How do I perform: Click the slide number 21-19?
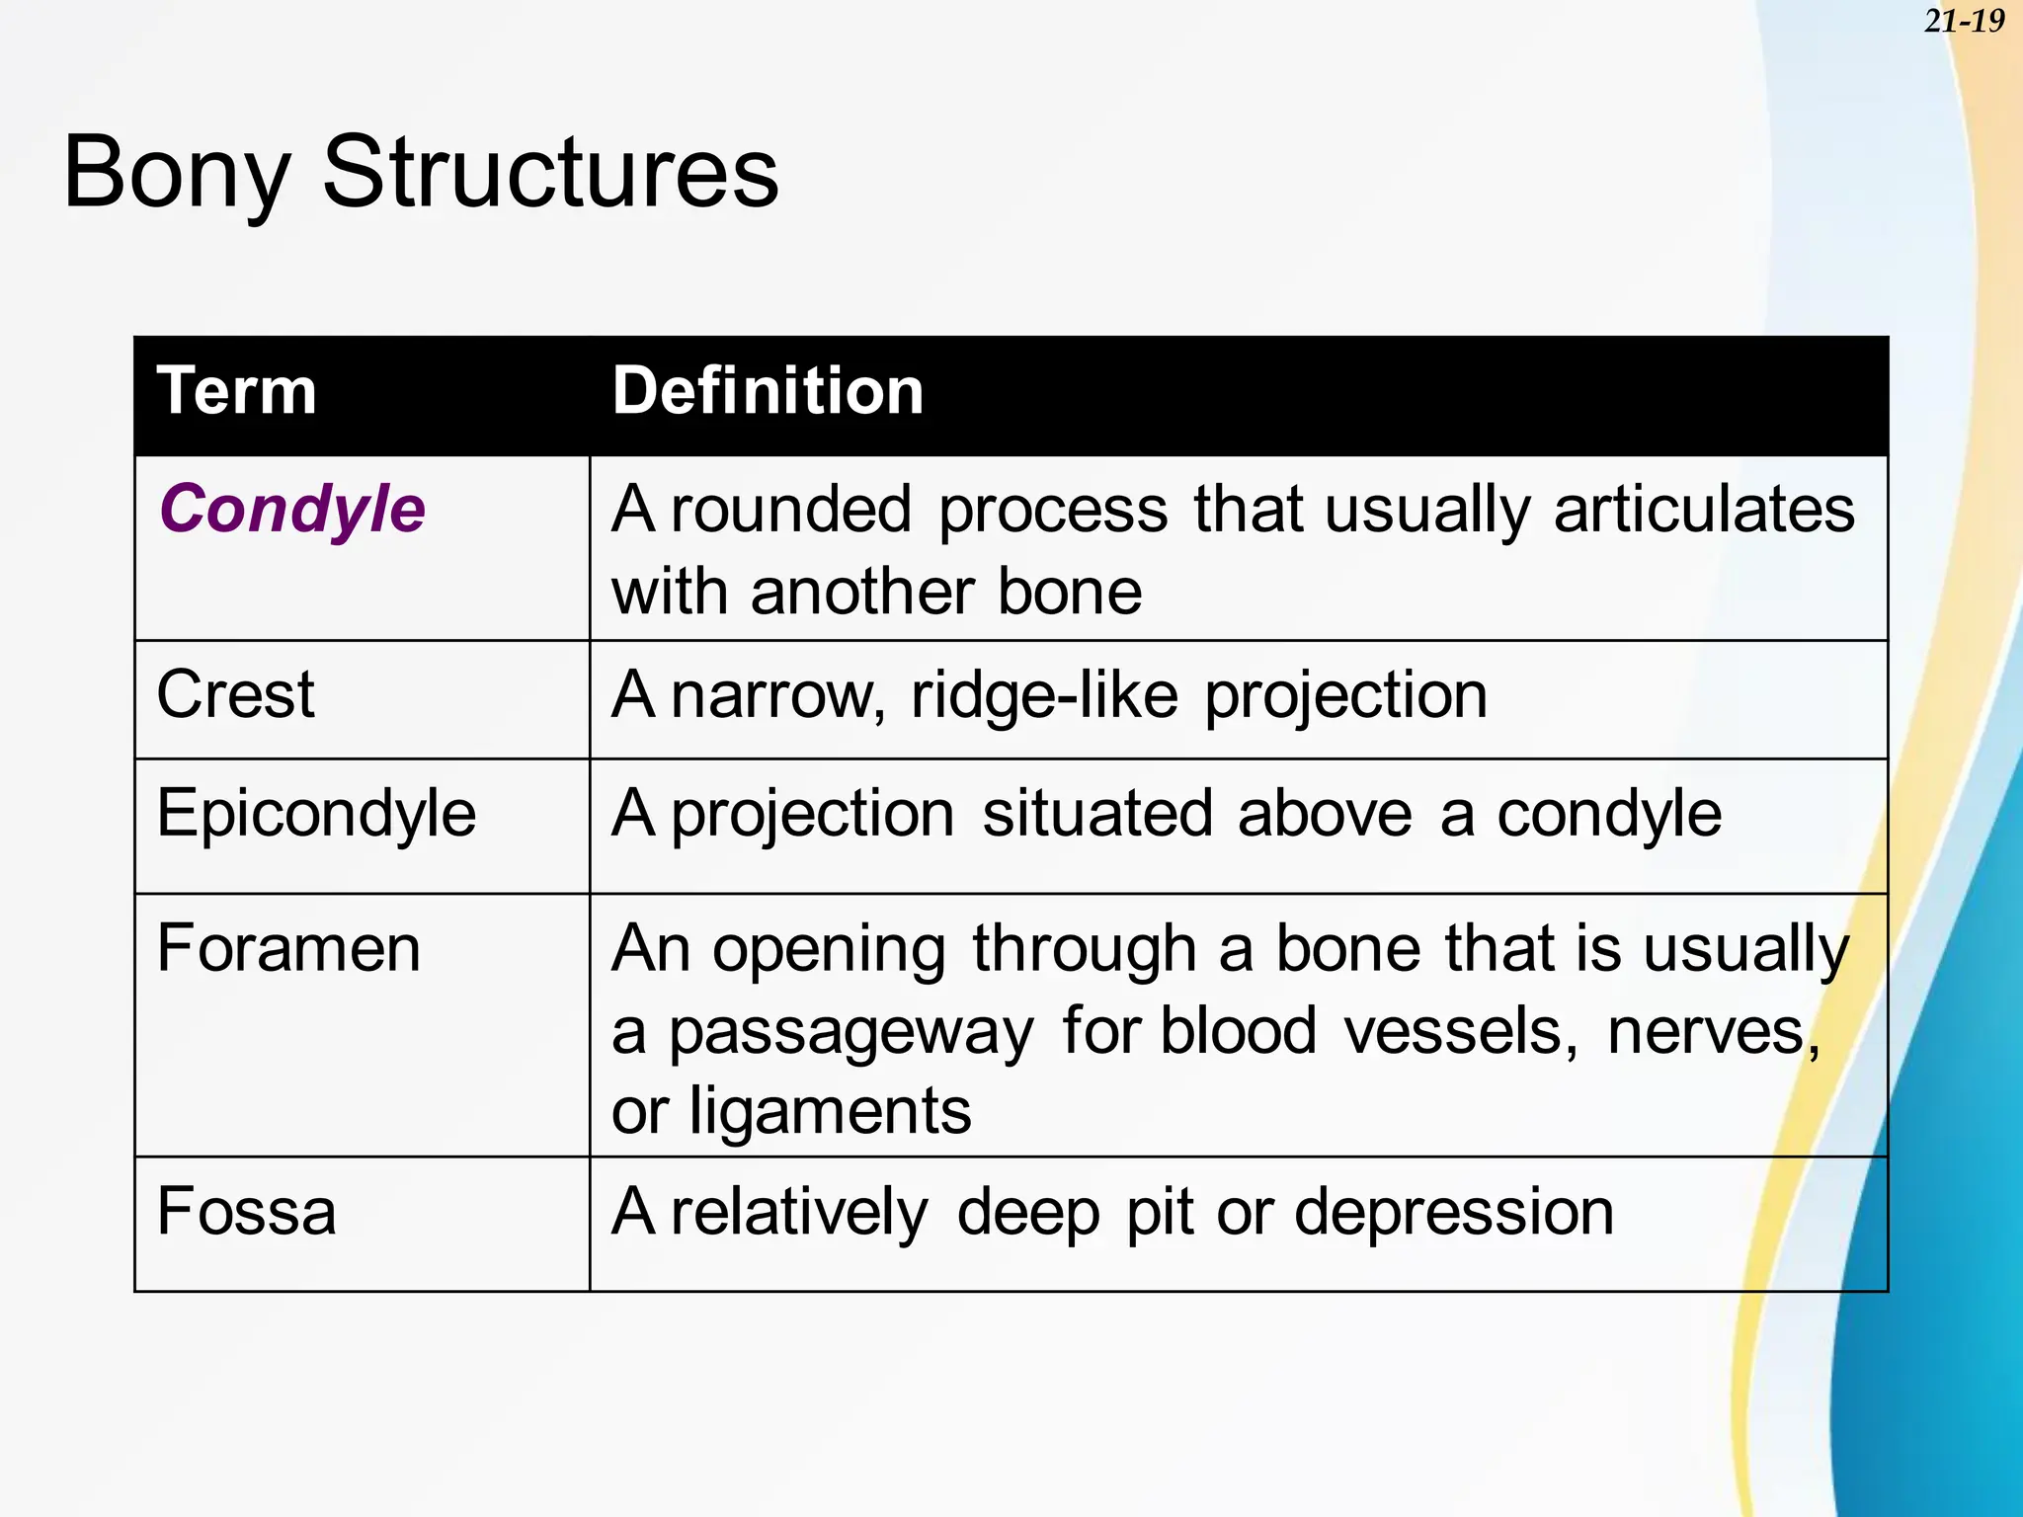(1964, 21)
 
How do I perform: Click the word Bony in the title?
(176, 174)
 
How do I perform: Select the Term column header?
(237, 391)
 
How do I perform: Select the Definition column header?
(768, 391)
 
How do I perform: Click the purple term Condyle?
(292, 511)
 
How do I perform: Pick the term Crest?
(235, 694)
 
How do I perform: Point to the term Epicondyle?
(316, 815)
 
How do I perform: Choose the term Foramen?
(288, 949)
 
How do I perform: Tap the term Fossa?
(246, 1212)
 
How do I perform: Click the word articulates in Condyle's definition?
(1704, 511)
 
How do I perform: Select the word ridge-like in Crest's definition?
(1044, 695)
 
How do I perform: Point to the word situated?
(1096, 815)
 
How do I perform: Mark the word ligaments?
(830, 1112)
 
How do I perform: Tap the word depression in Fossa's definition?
(1454, 1213)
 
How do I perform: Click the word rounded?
(790, 511)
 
